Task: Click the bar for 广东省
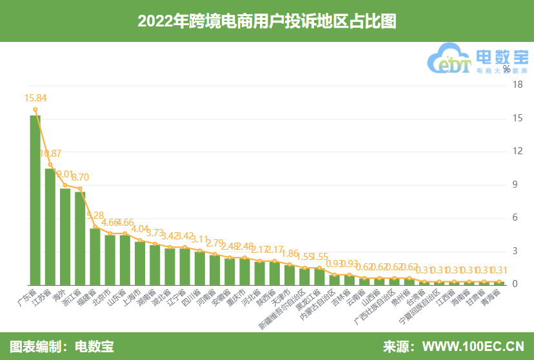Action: click(35, 200)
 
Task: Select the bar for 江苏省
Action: click(50, 226)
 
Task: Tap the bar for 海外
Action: click(65, 236)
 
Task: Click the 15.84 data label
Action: click(35, 98)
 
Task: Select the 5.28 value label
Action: click(95, 215)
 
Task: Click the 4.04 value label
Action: click(140, 228)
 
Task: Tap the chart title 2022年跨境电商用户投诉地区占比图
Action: click(266, 21)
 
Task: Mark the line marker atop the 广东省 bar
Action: click(35, 110)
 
